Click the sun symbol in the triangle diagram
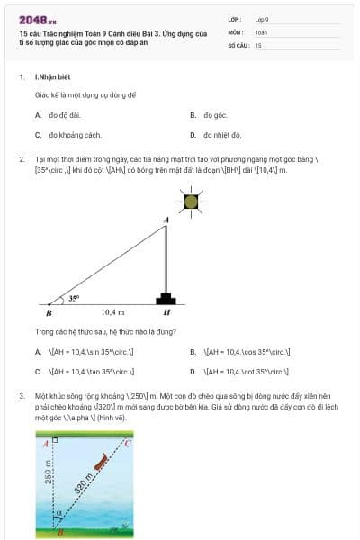(190, 202)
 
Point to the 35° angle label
(74, 297)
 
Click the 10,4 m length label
(112, 311)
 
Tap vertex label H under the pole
(166, 312)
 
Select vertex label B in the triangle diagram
(49, 313)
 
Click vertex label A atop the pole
(165, 220)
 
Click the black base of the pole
(166, 298)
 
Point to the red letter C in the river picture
(128, 444)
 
